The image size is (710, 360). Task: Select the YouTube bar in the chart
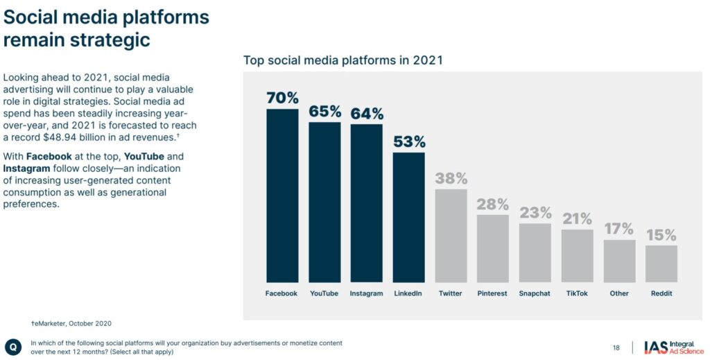[324, 201]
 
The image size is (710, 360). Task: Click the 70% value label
[282, 98]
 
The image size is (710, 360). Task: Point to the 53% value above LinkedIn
[409, 142]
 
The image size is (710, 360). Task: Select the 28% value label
[492, 205]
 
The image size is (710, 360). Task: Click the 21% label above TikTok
[577, 219]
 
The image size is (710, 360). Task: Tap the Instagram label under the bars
[366, 293]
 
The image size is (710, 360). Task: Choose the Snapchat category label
[535, 293]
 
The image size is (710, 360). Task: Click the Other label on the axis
[619, 293]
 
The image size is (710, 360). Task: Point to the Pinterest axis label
[492, 293]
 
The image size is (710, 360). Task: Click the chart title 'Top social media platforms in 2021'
[343, 60]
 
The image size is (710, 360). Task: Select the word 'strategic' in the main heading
[110, 40]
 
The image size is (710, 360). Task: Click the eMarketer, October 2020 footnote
[71, 323]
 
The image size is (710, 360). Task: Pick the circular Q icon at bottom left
[13, 347]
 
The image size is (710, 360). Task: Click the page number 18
[616, 348]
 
